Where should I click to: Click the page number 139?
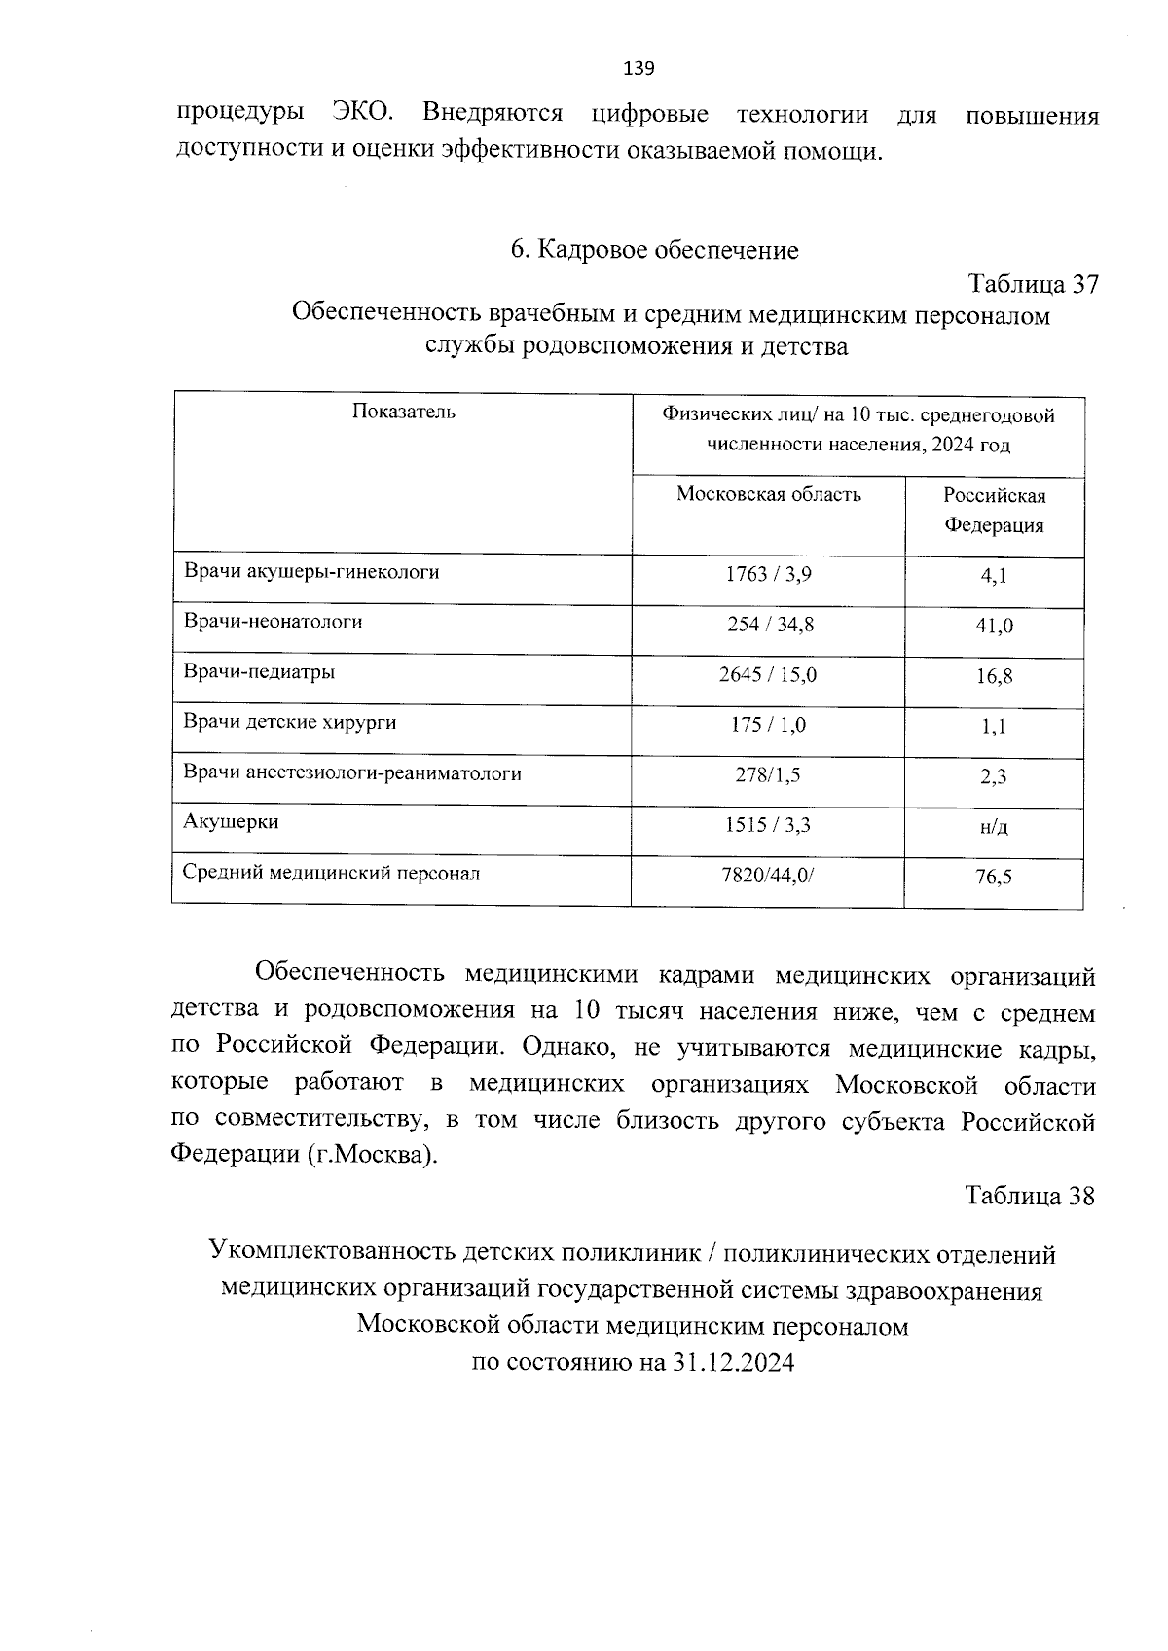click(639, 68)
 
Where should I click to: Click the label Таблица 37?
click(1033, 284)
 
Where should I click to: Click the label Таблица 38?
click(1030, 1195)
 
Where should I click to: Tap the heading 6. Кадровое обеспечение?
click(654, 250)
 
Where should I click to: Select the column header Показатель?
click(403, 412)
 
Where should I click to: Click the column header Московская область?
click(768, 494)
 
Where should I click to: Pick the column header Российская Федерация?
click(994, 511)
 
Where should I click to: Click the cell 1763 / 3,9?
click(768, 574)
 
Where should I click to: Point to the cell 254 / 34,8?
click(770, 625)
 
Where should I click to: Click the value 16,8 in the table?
click(994, 676)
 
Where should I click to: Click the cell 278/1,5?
click(768, 775)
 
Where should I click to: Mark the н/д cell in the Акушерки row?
click(994, 827)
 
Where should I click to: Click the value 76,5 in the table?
click(994, 878)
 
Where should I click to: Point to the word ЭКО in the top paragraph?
click(363, 113)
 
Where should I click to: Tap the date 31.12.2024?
click(733, 1362)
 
